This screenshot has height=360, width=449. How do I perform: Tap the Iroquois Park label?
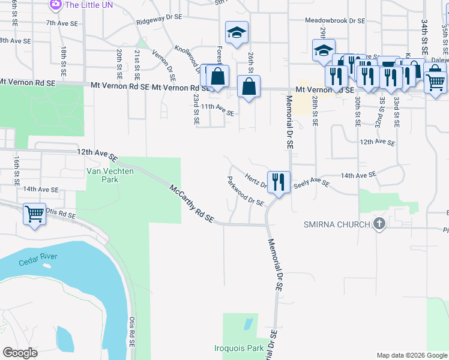pyautogui.click(x=239, y=348)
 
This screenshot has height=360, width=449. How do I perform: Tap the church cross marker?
pyautogui.click(x=379, y=224)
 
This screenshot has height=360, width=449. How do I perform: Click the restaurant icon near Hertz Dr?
pyautogui.click(x=279, y=182)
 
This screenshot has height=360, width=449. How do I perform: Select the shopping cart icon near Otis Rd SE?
pyautogui.click(x=35, y=214)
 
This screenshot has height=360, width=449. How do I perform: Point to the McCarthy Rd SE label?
pyautogui.click(x=191, y=204)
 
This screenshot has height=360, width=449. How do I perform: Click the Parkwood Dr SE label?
pyautogui.click(x=246, y=192)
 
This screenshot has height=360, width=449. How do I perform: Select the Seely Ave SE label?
pyautogui.click(x=311, y=184)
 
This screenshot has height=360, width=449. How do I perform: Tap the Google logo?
pyautogui.click(x=20, y=353)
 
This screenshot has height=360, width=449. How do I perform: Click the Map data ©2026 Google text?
pyautogui.click(x=411, y=355)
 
